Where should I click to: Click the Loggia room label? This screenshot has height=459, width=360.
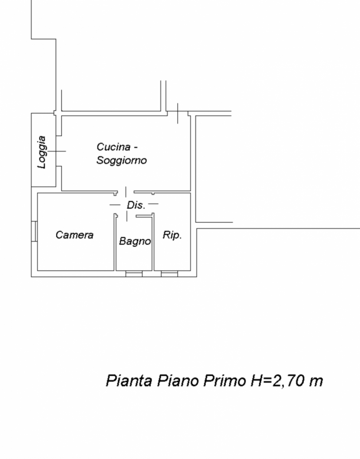[42, 152]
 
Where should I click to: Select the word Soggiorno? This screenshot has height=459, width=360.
[122, 161]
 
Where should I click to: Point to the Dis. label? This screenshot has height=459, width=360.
[136, 205]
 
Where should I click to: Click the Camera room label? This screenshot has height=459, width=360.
[75, 235]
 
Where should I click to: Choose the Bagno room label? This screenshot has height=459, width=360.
[135, 242]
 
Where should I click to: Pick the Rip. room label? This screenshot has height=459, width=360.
[172, 235]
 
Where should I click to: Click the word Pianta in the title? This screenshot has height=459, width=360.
[129, 381]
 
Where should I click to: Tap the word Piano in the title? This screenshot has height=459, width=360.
[178, 381]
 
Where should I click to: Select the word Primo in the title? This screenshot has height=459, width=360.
[225, 381]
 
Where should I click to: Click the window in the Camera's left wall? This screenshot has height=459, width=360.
[34, 231]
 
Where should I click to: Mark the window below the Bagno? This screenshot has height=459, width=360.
[134, 274]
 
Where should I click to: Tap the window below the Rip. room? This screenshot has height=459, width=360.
[169, 274]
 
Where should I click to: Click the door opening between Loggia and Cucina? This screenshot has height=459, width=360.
[57, 151]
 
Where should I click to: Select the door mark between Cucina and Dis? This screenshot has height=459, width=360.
[126, 192]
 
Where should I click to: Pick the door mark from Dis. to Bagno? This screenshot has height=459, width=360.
[127, 216]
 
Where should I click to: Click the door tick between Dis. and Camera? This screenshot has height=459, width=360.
[115, 205]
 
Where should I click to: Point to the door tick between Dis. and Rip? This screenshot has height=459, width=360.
[153, 204]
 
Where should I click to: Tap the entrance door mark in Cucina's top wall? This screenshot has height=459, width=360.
[178, 113]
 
